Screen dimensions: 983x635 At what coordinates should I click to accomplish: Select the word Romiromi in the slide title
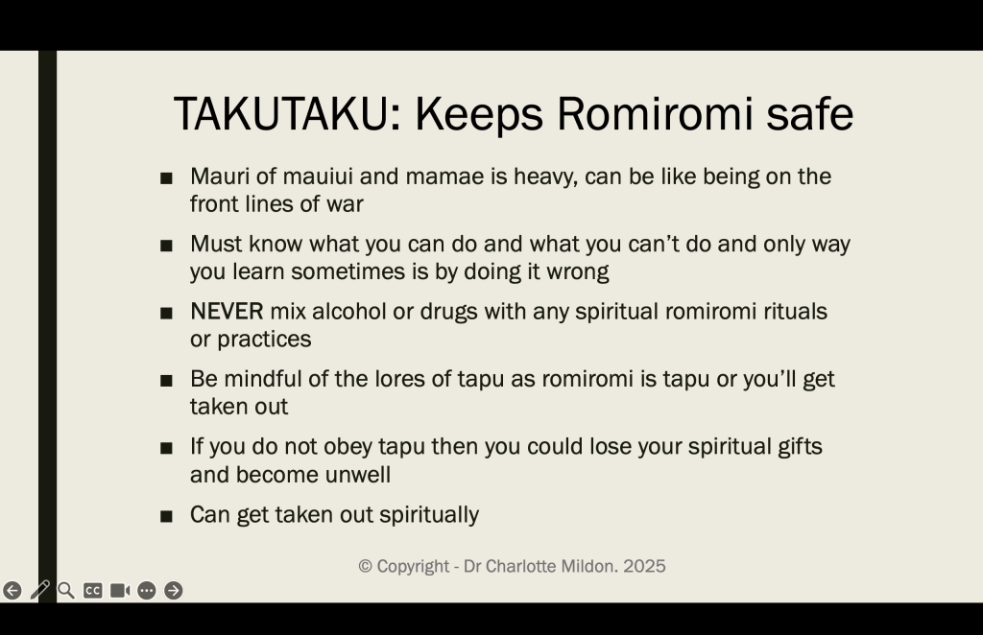tap(655, 113)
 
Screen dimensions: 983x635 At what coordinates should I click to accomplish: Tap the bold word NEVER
tap(227, 311)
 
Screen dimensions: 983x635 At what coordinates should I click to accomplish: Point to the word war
tap(345, 204)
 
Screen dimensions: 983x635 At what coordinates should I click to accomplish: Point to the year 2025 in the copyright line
tap(644, 566)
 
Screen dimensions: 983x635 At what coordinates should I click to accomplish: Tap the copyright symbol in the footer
tap(366, 567)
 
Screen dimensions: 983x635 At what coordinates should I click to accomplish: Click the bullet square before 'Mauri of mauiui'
tap(166, 179)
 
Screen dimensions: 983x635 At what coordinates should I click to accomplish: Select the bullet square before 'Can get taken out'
tap(166, 517)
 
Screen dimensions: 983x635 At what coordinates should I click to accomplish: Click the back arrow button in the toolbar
tap(12, 591)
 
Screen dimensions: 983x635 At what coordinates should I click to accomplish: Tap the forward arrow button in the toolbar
tap(173, 591)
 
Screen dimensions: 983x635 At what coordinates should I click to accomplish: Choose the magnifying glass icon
tap(66, 591)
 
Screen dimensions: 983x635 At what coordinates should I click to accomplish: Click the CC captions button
tap(93, 591)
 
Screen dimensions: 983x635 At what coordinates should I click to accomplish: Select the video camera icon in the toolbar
tap(120, 591)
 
